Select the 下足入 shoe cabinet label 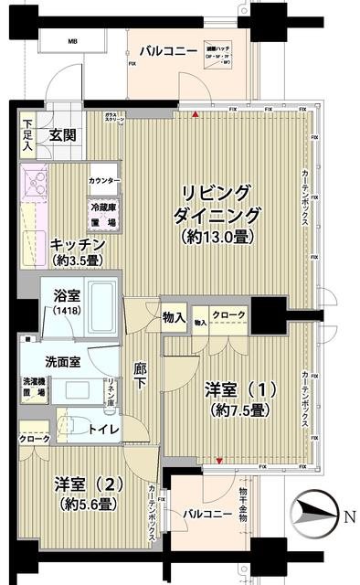tap(28, 134)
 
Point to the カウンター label tap(104, 182)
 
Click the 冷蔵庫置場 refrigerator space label tap(102, 215)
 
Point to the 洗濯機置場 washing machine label tap(33, 385)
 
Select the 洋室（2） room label tap(82, 483)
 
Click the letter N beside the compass tap(349, 516)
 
